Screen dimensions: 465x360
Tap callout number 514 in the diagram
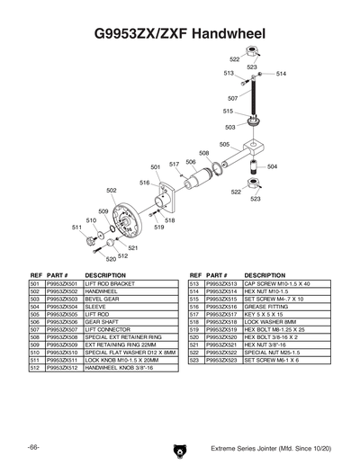click(x=282, y=74)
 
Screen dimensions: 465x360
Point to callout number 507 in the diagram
click(x=232, y=97)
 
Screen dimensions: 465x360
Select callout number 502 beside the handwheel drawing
click(x=112, y=191)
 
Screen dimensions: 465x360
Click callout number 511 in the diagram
click(x=76, y=228)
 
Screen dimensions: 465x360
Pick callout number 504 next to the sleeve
click(x=272, y=166)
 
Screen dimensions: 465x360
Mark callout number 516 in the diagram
click(x=144, y=183)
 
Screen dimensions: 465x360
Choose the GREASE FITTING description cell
click(x=265, y=307)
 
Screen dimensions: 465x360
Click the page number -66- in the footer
click(x=32, y=447)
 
